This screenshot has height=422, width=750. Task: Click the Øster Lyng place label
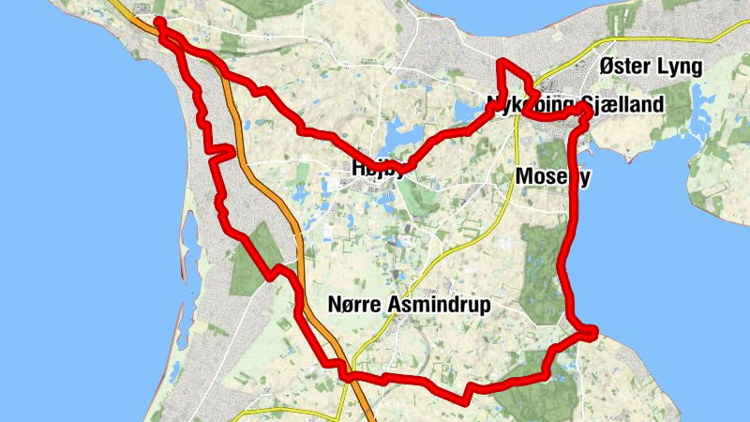(650, 69)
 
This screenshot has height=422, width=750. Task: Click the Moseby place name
(552, 176)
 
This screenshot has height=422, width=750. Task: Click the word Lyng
(679, 69)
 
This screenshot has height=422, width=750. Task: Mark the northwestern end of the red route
(158, 23)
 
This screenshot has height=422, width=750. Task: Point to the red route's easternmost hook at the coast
(590, 330)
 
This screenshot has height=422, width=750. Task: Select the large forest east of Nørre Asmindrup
(544, 272)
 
